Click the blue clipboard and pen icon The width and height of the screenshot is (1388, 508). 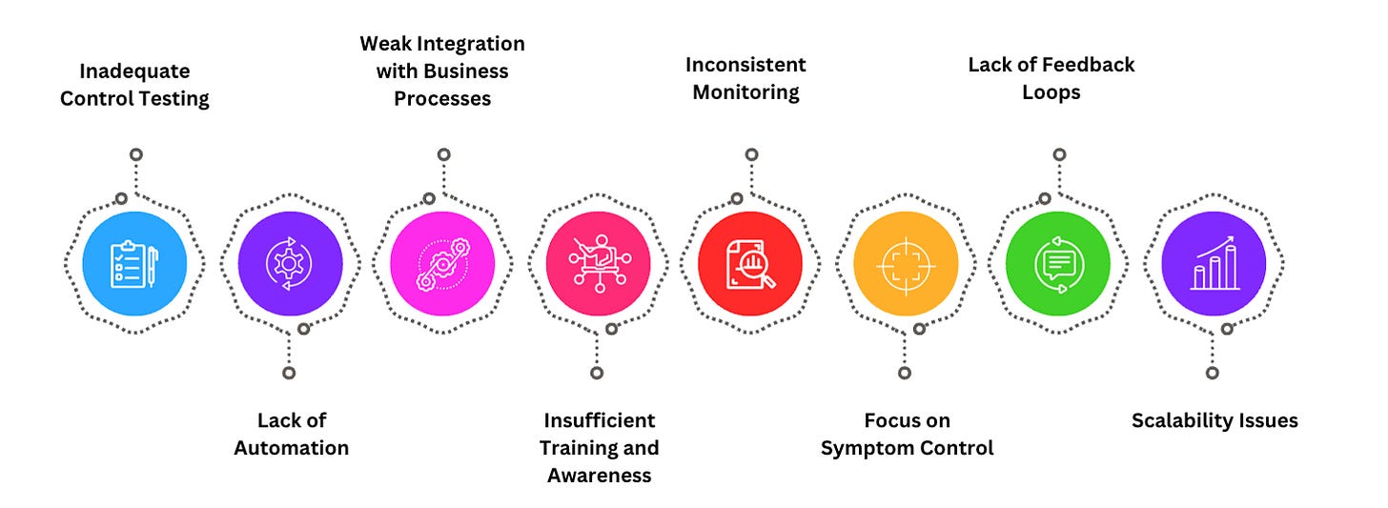tap(134, 263)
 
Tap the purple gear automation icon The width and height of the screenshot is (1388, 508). tap(290, 263)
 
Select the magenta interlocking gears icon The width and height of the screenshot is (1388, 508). tap(442, 263)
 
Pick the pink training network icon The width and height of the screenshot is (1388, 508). tap(598, 263)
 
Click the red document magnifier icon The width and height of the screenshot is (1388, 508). tap(750, 263)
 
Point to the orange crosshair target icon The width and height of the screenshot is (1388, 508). tap(905, 263)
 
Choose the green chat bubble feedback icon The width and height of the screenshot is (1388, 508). tap(1057, 263)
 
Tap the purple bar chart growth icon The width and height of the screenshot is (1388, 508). tap(1213, 263)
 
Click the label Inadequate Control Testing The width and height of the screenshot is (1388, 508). tap(134, 85)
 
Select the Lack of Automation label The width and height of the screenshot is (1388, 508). tap(291, 434)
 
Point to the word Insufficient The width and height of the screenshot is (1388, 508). tap(599, 420)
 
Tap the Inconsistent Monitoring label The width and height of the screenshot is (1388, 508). tap(745, 78)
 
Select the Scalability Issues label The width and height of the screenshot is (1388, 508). tap(1214, 420)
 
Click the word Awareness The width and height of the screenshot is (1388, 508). tap(599, 475)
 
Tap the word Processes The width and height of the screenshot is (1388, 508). tap(442, 98)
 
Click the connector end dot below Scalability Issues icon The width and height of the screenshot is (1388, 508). tap(1212, 374)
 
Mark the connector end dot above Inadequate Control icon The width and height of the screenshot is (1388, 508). tap(136, 154)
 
